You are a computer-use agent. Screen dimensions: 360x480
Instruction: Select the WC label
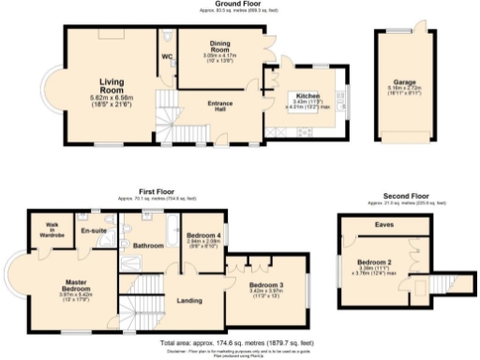pos(168,56)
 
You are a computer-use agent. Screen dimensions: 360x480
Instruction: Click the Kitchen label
pos(309,96)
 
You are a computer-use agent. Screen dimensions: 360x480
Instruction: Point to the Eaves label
pos(384,225)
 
